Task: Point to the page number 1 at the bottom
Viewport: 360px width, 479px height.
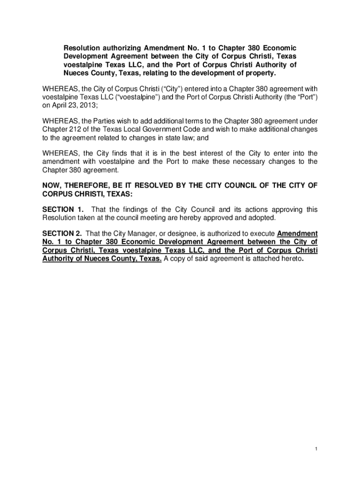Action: [316, 450]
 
